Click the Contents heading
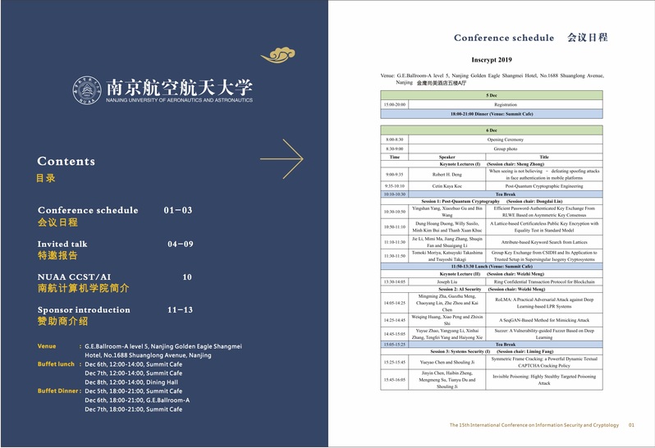(x=66, y=162)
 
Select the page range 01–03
(x=177, y=210)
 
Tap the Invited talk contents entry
(x=62, y=244)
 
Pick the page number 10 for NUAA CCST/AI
(x=187, y=277)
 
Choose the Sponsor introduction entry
(x=84, y=309)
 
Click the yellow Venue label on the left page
(x=47, y=346)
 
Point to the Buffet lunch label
(x=56, y=363)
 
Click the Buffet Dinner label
(x=57, y=391)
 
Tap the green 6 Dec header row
(x=491, y=130)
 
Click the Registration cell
(x=506, y=105)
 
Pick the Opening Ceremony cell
(x=506, y=139)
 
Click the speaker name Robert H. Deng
(x=447, y=175)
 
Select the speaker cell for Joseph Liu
(x=447, y=281)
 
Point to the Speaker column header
(x=447, y=157)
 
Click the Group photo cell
(x=506, y=149)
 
